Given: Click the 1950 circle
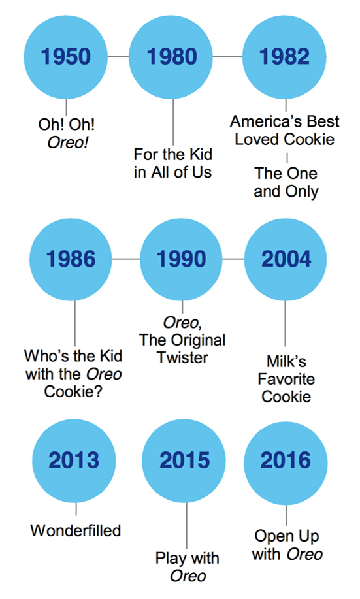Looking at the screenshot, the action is pyautogui.click(x=66, y=57).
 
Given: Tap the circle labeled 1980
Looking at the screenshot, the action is pyautogui.click(x=171, y=57).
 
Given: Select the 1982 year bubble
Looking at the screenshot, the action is pyautogui.click(x=284, y=57).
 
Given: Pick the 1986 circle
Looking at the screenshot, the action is pyautogui.click(x=71, y=259).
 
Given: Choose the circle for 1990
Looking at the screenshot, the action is pyautogui.click(x=181, y=259).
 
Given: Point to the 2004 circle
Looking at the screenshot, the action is pyautogui.click(x=286, y=259).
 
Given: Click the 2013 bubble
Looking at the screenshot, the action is pyautogui.click(x=74, y=461).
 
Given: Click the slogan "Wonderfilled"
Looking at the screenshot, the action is pyautogui.click(x=76, y=530).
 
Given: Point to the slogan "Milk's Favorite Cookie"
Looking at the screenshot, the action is pyautogui.click(x=286, y=379).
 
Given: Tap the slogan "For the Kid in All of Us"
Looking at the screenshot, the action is pyautogui.click(x=172, y=163).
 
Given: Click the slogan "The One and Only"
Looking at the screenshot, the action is pyautogui.click(x=286, y=182).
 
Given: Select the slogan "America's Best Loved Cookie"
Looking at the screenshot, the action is pyautogui.click(x=285, y=130).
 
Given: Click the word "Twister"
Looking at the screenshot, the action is pyautogui.click(x=183, y=358).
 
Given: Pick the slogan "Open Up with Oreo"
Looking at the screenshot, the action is pyautogui.click(x=287, y=545).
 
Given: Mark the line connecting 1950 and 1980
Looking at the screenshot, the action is pyautogui.click(x=118, y=57).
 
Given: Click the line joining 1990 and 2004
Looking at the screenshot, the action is pyautogui.click(x=233, y=259).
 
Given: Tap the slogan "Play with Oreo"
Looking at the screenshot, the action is pyautogui.click(x=188, y=567).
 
